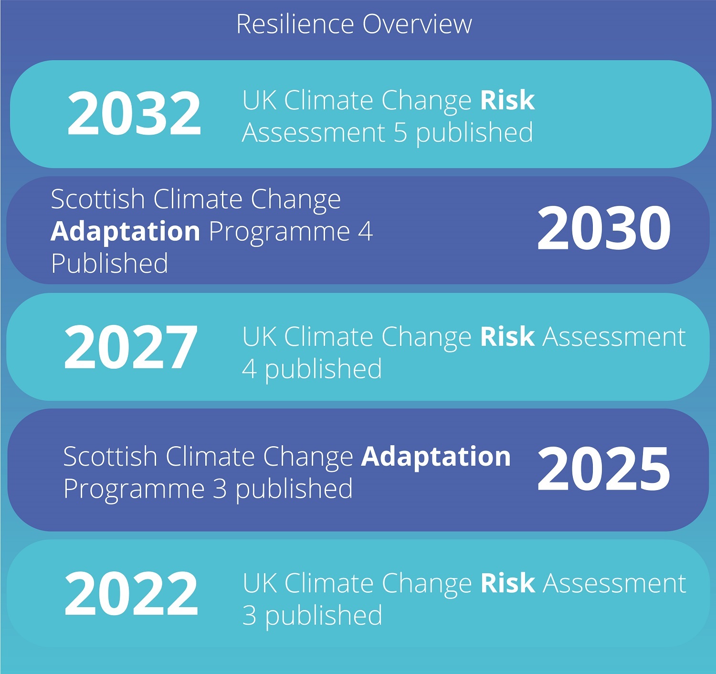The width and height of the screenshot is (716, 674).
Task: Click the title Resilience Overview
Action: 354,24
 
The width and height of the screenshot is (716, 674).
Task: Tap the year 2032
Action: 134,113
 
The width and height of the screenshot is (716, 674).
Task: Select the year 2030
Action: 604,228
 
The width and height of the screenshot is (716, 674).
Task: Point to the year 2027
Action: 130,347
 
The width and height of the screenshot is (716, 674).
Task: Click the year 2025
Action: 604,469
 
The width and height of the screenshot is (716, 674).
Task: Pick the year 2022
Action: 131,594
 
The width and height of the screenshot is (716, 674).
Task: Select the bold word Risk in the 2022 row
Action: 507,583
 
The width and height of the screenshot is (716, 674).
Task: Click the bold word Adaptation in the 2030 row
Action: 125,231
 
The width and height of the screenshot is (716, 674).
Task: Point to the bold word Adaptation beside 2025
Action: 436,457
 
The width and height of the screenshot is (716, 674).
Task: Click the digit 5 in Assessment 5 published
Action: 400,132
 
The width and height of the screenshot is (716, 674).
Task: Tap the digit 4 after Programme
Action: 365,231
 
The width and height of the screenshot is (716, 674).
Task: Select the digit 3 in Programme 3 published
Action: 220,489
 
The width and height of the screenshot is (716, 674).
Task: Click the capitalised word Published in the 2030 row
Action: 109,263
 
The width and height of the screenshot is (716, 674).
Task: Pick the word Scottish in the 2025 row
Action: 110,457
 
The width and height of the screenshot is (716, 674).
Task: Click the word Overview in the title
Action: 417,24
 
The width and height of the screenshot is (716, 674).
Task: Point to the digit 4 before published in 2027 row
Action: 250,369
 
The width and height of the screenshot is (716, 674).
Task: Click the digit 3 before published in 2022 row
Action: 250,615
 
